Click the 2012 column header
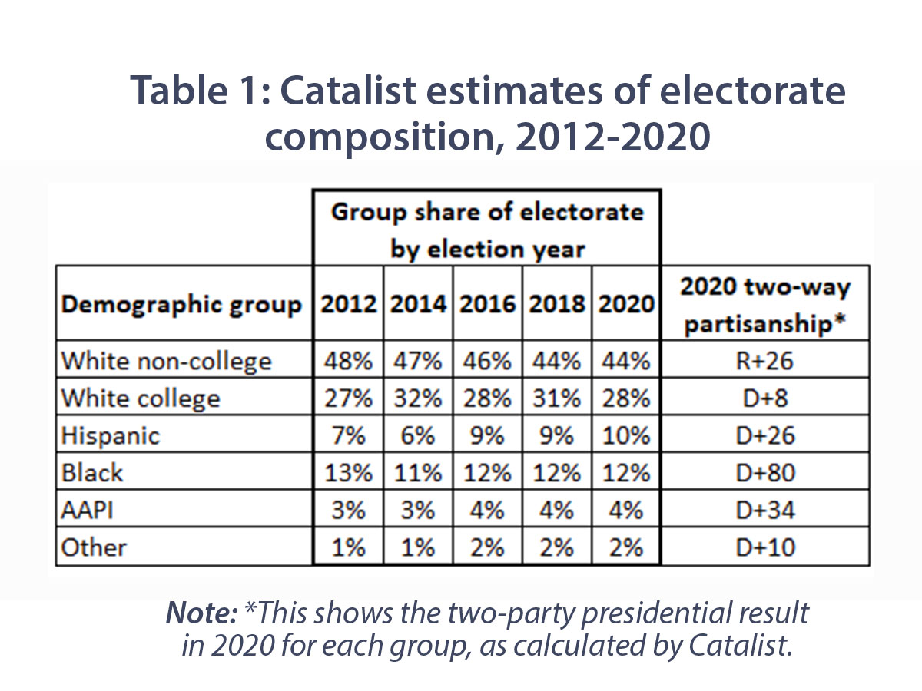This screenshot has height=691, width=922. click(x=348, y=304)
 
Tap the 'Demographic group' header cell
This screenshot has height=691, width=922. click(x=181, y=305)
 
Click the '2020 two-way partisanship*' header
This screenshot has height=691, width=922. click(x=765, y=305)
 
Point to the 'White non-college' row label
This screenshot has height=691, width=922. click(x=166, y=360)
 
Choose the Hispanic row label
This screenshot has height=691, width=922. click(x=111, y=435)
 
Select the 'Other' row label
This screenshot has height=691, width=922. click(x=93, y=547)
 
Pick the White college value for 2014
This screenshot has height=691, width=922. click(x=418, y=398)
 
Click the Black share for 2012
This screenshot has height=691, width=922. click(x=348, y=473)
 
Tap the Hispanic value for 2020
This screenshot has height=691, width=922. click(x=625, y=435)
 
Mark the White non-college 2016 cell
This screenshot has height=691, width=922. click(x=487, y=360)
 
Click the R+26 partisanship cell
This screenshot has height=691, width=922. click(x=765, y=360)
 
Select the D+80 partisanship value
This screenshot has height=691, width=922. click(x=765, y=473)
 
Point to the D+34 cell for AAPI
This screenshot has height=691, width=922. click(x=765, y=511)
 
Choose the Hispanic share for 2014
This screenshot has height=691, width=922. click(x=418, y=435)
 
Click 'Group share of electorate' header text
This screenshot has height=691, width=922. click(x=486, y=211)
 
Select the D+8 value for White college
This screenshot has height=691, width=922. click(x=765, y=398)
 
